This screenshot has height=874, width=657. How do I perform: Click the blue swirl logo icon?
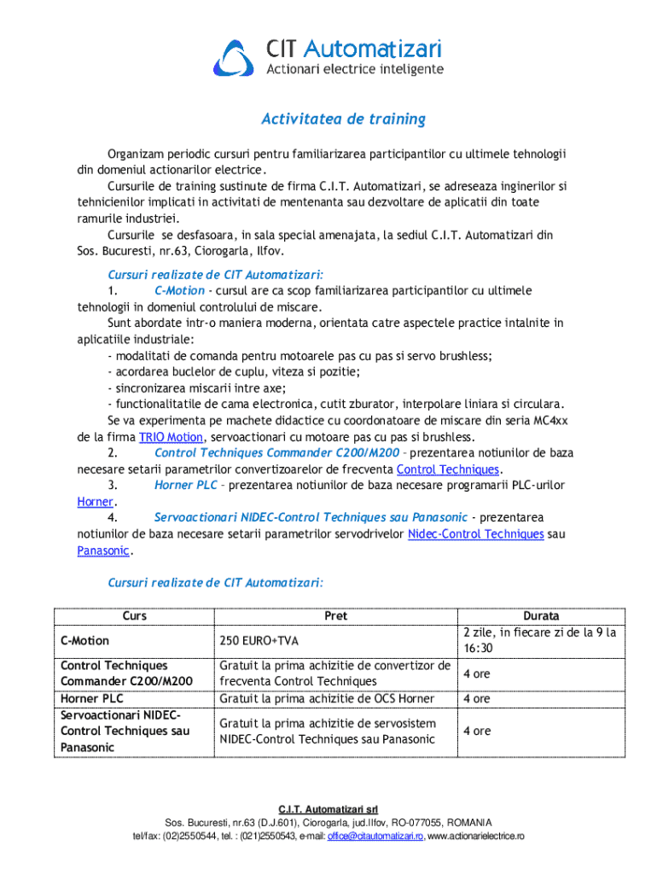234,56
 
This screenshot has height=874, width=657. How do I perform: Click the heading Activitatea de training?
343,119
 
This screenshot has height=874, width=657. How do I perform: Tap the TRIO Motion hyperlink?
172,437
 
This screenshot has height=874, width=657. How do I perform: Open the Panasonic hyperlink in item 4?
103,551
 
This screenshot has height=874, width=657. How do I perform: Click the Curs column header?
134,615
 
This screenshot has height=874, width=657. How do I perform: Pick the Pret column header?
335,615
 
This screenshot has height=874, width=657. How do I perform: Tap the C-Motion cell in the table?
84,641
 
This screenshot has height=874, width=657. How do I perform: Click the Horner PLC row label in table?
92,699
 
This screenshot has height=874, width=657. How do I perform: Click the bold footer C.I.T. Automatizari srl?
328,808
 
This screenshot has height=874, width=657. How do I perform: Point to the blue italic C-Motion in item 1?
179,291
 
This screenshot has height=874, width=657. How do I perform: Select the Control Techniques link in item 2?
448,469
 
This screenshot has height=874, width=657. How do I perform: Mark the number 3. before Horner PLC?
113,486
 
